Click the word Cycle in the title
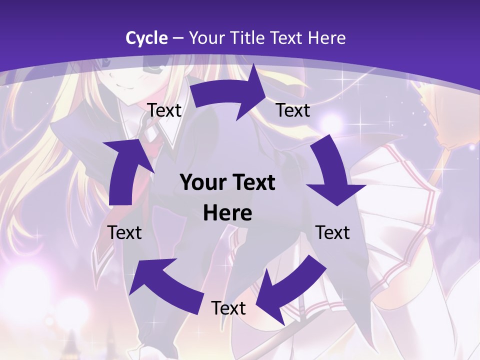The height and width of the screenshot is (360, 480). pos(146,38)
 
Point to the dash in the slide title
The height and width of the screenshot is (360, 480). pos(177,38)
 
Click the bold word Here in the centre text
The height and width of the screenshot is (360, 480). pos(227,213)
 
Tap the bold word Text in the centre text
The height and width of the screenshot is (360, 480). pos(253,183)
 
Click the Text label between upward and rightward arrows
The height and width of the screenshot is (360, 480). pos(164,110)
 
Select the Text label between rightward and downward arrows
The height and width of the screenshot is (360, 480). pos(293,110)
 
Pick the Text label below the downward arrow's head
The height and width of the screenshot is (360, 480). pos(333,233)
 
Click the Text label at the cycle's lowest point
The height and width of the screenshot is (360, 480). pos(228,308)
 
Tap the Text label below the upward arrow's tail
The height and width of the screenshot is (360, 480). pos(125,233)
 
